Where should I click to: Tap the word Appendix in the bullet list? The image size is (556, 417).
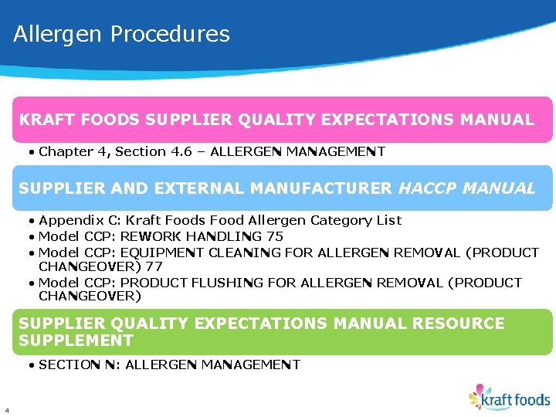pyautogui.click(x=67, y=221)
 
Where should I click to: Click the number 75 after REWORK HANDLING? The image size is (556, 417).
pyautogui.click(x=274, y=236)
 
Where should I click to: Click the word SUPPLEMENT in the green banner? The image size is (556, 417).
pyautogui.click(x=76, y=341)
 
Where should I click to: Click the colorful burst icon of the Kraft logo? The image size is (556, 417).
pyautogui.click(x=479, y=396)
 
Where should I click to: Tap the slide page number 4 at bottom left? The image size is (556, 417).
pyautogui.click(x=6, y=410)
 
